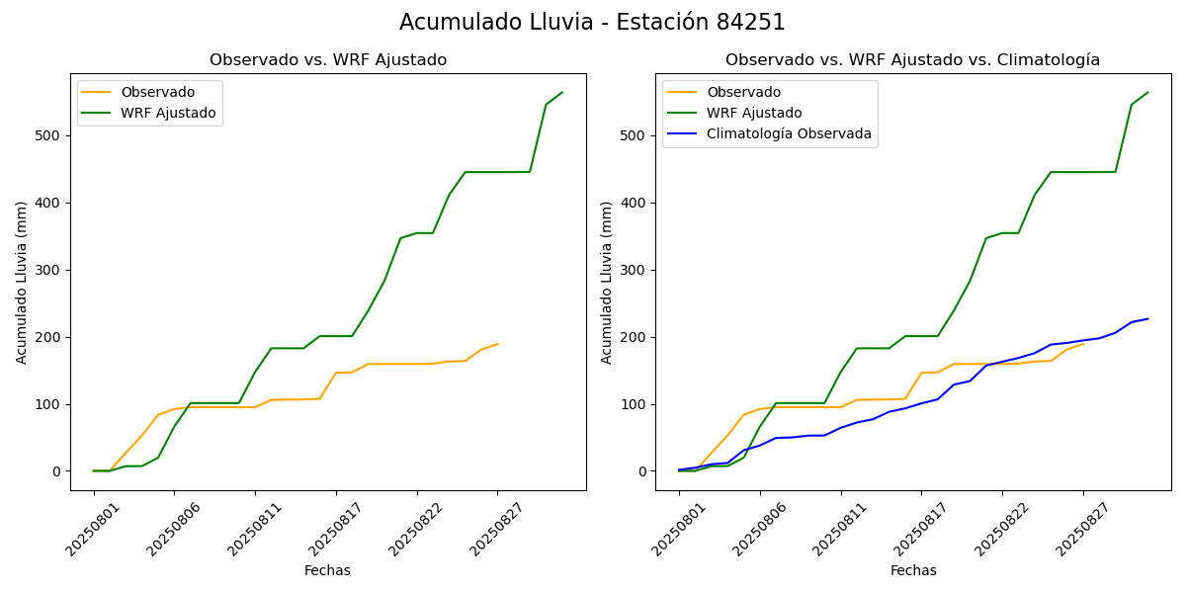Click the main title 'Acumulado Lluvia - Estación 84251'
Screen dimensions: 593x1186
pyautogui.click(x=592, y=23)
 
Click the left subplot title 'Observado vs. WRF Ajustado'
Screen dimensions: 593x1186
pyautogui.click(x=328, y=60)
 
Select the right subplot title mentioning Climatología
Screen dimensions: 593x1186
pyautogui.click(x=912, y=60)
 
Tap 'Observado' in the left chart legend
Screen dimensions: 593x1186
pyautogui.click(x=157, y=92)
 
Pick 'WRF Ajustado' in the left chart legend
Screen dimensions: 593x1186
pyautogui.click(x=168, y=113)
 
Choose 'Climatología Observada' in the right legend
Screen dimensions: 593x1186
pyautogui.click(x=789, y=134)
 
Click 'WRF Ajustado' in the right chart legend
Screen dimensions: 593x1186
pyautogui.click(x=753, y=113)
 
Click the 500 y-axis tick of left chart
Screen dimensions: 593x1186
pyautogui.click(x=50, y=135)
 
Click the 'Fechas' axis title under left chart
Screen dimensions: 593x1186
pyautogui.click(x=327, y=571)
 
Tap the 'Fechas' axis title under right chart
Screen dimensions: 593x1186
pyautogui.click(x=913, y=571)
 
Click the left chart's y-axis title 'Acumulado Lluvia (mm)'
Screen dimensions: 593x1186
pyautogui.click(x=22, y=282)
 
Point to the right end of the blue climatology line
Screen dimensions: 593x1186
pyautogui.click(x=1147, y=318)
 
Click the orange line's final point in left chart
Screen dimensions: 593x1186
pyautogui.click(x=497, y=344)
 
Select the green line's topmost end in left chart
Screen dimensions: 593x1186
pyautogui.click(x=562, y=93)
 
